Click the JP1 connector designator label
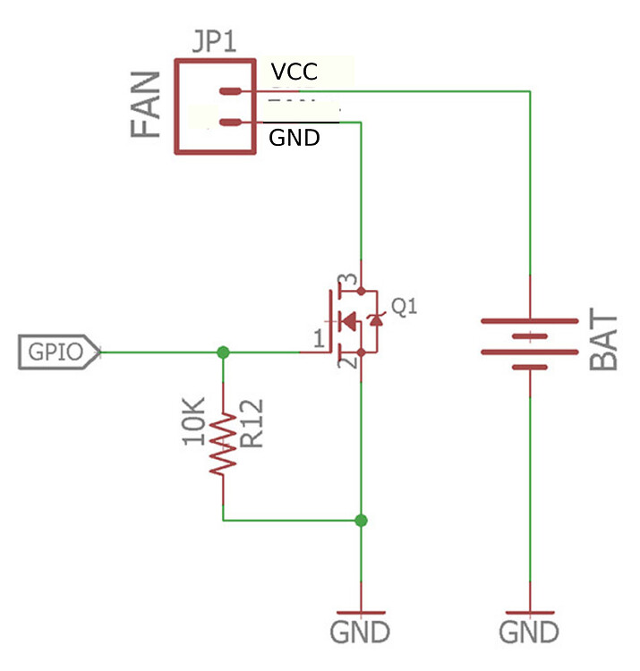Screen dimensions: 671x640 pyautogui.click(x=214, y=42)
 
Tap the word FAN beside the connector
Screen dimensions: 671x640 pyautogui.click(x=147, y=105)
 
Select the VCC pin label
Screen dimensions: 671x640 pyautogui.click(x=294, y=71)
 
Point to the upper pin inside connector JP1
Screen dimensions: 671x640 pyautogui.click(x=231, y=91)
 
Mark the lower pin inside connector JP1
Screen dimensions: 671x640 pyautogui.click(x=231, y=123)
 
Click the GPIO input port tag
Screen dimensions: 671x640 pyautogui.click(x=59, y=352)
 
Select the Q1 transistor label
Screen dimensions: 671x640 pyautogui.click(x=405, y=307)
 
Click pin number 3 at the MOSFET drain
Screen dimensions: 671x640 pyautogui.click(x=352, y=280)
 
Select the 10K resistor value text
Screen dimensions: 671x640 pyautogui.click(x=195, y=423)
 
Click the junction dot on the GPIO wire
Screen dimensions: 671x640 pyautogui.click(x=223, y=352)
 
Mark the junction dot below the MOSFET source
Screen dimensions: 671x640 pyautogui.click(x=361, y=519)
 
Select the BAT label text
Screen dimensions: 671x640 pyautogui.click(x=605, y=342)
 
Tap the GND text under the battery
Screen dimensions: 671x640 pyautogui.click(x=529, y=632)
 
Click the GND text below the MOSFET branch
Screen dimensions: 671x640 pyautogui.click(x=361, y=632)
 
